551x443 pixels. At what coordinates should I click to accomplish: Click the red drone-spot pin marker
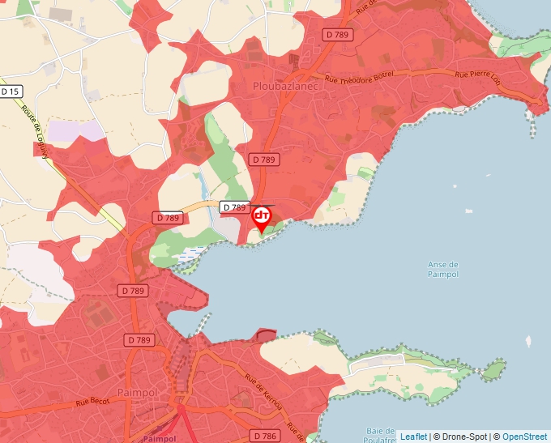click(262, 217)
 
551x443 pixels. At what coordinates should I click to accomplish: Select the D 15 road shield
click(10, 92)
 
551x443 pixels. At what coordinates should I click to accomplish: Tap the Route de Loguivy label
click(34, 130)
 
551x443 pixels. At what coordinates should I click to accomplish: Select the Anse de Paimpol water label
click(442, 269)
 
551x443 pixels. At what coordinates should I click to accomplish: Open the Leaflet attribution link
click(413, 437)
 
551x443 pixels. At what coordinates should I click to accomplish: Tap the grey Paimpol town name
click(135, 392)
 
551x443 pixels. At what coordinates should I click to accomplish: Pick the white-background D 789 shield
click(233, 207)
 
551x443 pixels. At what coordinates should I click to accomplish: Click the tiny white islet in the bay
click(528, 341)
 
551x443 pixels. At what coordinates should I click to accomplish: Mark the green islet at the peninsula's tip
click(492, 371)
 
